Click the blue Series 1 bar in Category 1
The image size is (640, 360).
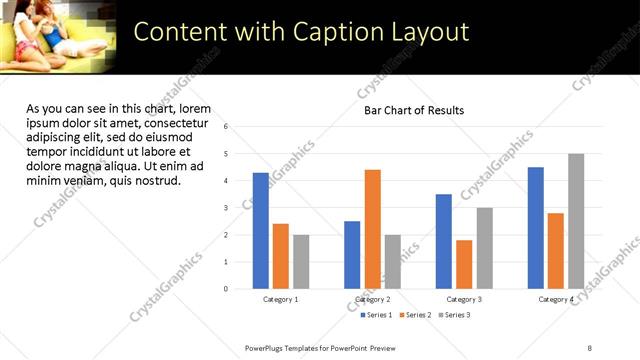[260, 231]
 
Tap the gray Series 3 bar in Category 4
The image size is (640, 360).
[576, 221]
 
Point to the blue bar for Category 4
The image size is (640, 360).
[536, 228]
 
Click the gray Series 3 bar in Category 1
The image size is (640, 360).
[301, 262]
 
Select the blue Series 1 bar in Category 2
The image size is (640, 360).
[352, 255]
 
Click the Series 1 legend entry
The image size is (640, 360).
[376, 315]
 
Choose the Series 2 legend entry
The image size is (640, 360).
[414, 315]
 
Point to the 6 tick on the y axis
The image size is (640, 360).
[226, 127]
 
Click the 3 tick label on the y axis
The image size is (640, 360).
[226, 208]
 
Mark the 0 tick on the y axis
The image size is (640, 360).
[226, 289]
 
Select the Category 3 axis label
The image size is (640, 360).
[464, 299]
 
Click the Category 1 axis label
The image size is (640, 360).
[280, 299]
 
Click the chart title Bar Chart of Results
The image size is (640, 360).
[413, 110]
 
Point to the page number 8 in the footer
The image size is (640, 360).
[589, 347]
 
